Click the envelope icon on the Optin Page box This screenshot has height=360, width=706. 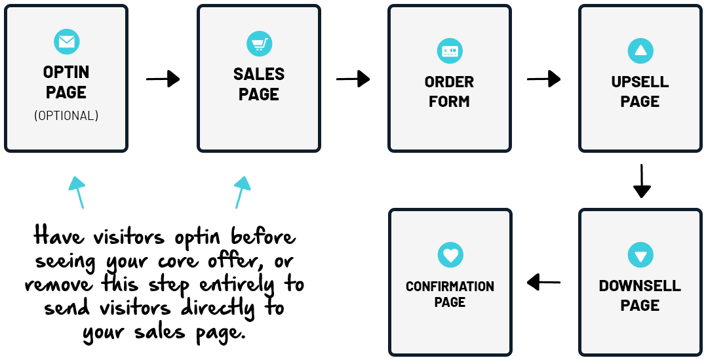coord(66,42)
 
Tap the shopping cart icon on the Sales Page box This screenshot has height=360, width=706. coord(259,44)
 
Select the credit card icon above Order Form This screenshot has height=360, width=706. coord(450,51)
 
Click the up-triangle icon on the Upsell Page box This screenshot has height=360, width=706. coord(640,51)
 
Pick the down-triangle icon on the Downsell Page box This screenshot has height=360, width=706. coord(640,255)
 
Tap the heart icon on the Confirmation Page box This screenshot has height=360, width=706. coord(450,255)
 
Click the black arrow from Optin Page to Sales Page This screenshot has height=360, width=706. coord(163,79)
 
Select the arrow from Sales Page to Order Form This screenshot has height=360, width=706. coord(353,79)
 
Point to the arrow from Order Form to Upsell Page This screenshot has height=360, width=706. coord(543,79)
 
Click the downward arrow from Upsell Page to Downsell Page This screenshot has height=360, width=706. coord(642,181)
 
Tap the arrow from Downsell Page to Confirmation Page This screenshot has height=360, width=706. coord(543,283)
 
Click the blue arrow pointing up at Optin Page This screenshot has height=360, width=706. coord(78,192)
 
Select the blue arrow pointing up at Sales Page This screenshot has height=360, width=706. coord(241,192)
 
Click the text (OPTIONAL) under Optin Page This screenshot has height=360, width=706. coord(66,116)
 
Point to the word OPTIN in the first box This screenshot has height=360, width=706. coord(66,72)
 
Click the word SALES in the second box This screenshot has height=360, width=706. coord(259,74)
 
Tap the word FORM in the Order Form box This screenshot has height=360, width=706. coord(450,102)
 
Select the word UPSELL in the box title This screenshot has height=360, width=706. coord(640,83)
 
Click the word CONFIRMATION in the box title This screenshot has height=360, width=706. coord(450,287)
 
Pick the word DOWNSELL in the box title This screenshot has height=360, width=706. coord(640,287)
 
